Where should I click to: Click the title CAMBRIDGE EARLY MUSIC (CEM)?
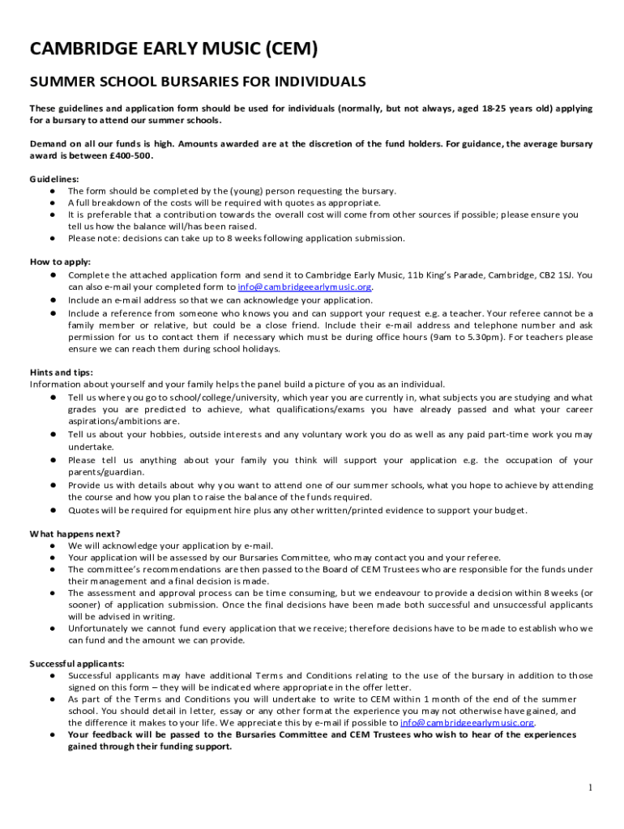[x=173, y=50]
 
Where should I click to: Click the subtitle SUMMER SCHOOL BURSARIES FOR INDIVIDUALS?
[x=198, y=82]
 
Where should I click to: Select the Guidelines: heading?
[x=54, y=179]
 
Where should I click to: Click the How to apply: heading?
[x=60, y=262]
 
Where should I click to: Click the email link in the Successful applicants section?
[x=468, y=723]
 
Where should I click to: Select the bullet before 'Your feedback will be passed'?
[x=52, y=735]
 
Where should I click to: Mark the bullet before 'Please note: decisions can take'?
[x=52, y=239]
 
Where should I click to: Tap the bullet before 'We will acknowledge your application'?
[x=52, y=546]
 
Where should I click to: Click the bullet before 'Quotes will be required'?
[x=52, y=511]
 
